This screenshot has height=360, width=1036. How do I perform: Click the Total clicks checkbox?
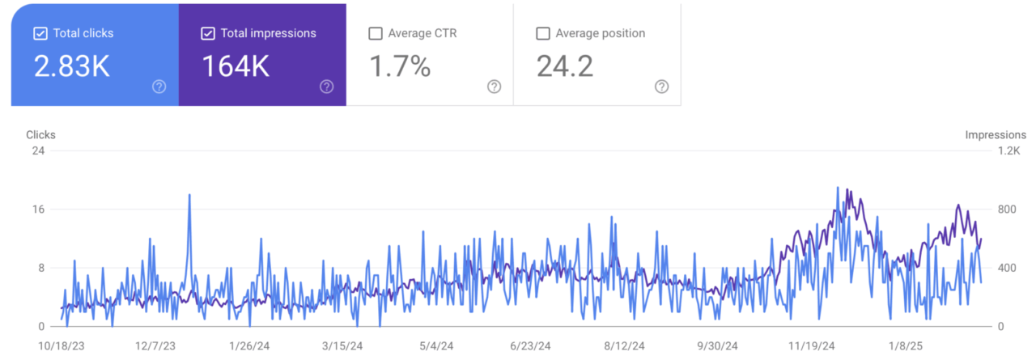tap(40, 33)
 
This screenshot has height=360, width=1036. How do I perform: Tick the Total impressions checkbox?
tap(208, 33)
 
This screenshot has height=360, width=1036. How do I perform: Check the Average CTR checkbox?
tap(375, 33)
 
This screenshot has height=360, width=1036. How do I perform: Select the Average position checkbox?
tap(543, 33)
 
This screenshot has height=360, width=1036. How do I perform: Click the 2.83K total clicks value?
tap(71, 66)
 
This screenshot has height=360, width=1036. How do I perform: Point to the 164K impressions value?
tap(235, 66)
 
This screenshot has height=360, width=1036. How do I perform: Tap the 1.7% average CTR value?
tap(400, 66)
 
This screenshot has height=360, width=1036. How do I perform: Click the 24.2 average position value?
tap(565, 66)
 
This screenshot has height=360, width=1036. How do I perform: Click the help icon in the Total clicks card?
tap(159, 87)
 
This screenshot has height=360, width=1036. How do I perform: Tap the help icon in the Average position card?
tap(662, 87)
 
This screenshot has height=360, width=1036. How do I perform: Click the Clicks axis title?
tap(40, 135)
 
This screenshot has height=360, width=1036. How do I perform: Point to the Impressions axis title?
tap(996, 135)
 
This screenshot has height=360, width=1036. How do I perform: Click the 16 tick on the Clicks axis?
tap(38, 210)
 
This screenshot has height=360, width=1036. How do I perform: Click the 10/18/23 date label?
tap(62, 346)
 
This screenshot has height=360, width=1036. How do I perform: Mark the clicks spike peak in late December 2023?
tap(189, 195)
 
